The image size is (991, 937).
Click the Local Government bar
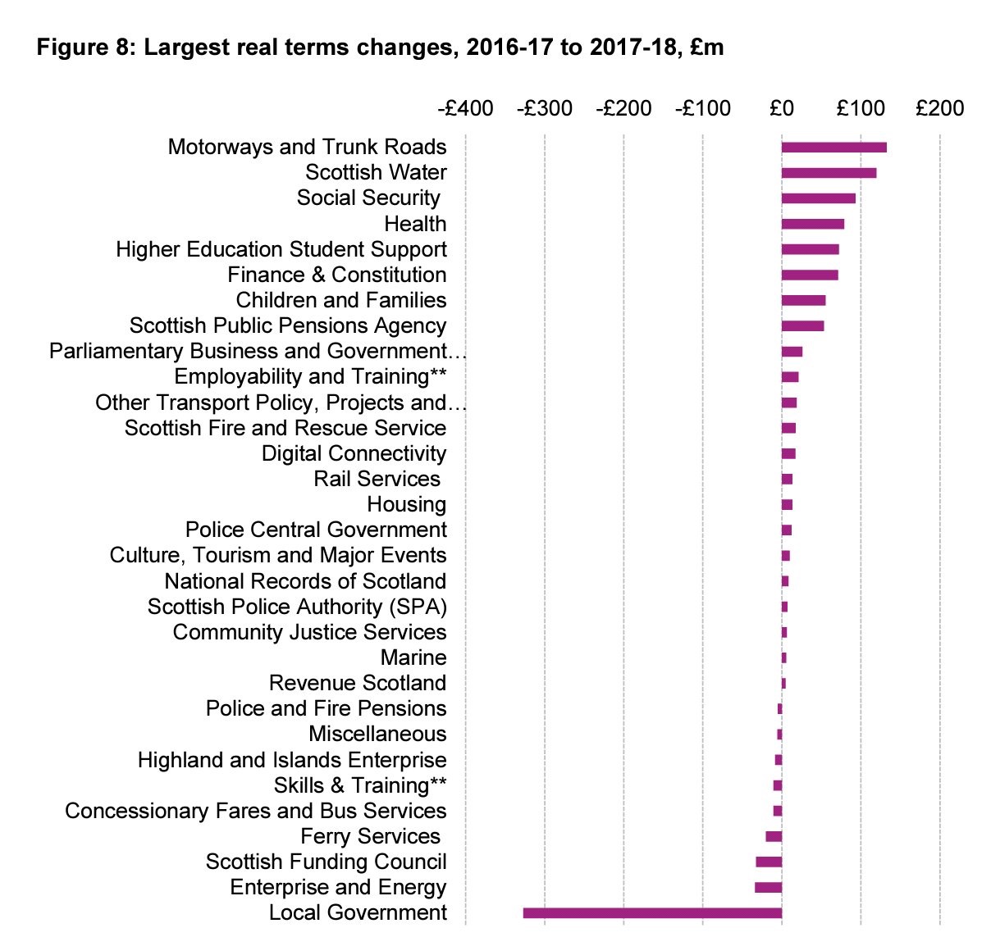coord(652,912)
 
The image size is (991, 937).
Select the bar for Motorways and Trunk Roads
coord(833,148)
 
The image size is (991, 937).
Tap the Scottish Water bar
coord(829,173)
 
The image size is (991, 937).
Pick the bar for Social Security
coord(818,198)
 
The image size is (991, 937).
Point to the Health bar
coord(812,224)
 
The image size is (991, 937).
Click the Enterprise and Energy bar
coord(768,887)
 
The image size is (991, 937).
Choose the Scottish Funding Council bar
coord(769,862)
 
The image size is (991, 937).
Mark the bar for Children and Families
coord(803,300)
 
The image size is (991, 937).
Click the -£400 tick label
coord(465,108)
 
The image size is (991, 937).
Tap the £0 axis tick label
coord(782,108)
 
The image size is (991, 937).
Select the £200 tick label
coord(939,108)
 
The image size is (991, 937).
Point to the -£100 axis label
coord(702,108)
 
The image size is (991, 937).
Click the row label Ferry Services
coord(371,836)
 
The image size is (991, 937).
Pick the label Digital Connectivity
coord(354,453)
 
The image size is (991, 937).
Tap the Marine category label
coord(413,657)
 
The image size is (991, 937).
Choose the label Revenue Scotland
coord(358,683)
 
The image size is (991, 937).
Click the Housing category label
coord(407,504)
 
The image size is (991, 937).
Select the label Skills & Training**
coord(360,785)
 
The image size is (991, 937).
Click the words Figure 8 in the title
coord(84,48)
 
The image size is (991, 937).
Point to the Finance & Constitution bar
coord(810,275)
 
